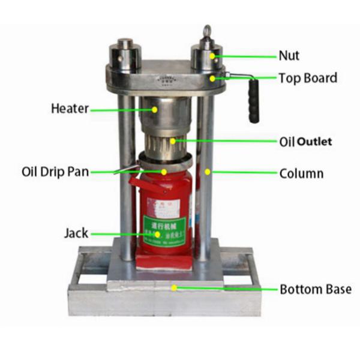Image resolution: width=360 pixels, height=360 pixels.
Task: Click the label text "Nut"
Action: coord(288,56)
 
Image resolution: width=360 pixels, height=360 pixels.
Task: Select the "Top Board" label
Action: coord(308,78)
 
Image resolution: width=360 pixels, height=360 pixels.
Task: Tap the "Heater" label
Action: coord(70,109)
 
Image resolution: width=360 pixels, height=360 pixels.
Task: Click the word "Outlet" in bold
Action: coord(314,142)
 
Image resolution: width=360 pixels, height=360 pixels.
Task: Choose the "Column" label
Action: coord(301,174)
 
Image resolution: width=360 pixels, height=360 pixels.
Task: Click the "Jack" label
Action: coord(76,233)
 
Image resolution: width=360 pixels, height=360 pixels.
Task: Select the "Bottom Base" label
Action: coord(315,289)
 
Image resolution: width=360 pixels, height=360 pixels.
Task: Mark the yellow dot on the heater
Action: coord(155,109)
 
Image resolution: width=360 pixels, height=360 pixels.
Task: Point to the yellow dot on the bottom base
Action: coord(174,287)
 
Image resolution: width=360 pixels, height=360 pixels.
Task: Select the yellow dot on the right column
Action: coord(208,172)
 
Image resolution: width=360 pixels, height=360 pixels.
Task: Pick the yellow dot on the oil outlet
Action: coord(174,141)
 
